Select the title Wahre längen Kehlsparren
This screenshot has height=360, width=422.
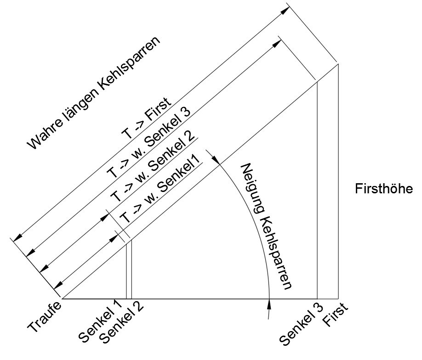point(94,94)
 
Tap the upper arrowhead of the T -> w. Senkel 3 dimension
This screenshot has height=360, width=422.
point(277,43)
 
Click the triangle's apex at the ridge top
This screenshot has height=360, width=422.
point(338,64)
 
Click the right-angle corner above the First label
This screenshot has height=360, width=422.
point(338,298)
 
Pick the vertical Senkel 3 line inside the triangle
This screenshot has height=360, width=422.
point(317,193)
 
